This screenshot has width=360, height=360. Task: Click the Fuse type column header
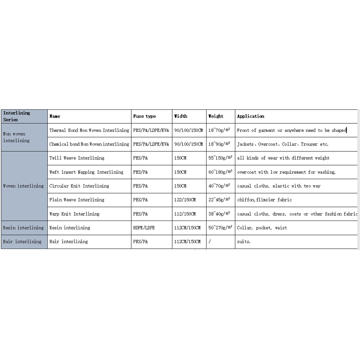tap(144, 116)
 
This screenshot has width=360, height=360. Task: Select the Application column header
tap(251, 116)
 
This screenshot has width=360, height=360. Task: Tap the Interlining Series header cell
tap(17, 116)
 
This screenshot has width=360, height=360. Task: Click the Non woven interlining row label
tap(16, 137)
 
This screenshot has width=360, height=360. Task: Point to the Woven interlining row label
tap(23, 186)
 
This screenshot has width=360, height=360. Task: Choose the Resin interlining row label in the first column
tap(23, 228)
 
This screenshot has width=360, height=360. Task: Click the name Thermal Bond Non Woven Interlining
tap(89, 130)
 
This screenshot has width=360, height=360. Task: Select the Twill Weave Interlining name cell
tap(76, 158)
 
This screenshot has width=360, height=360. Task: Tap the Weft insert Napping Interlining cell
tap(86, 172)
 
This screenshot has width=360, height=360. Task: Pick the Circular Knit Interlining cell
tap(79, 186)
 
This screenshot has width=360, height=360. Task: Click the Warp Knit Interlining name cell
tap(74, 214)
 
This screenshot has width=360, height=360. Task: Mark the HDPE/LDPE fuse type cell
tap(144, 228)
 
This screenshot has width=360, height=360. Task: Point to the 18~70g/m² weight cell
tap(220, 130)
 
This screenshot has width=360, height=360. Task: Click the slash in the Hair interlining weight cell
tap(210, 242)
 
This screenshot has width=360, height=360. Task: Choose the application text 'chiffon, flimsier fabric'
tap(265, 200)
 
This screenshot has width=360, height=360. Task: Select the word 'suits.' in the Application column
tap(244, 242)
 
